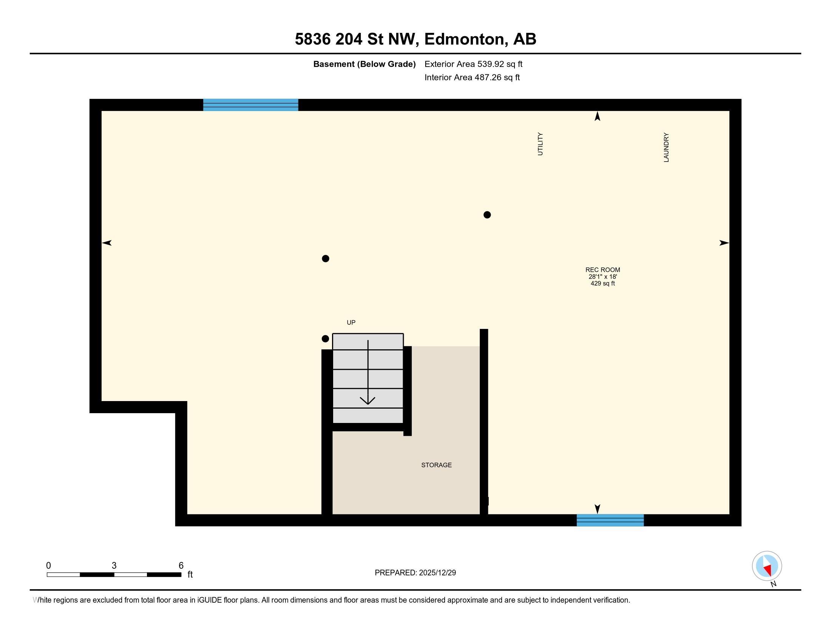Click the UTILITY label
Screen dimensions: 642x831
click(540, 144)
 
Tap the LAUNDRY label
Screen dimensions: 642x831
click(666, 147)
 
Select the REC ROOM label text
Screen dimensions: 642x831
click(602, 270)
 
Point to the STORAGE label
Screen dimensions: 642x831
click(436, 465)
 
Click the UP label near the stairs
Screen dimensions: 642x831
click(351, 323)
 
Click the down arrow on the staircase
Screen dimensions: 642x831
click(368, 399)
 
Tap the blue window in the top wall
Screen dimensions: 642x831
click(250, 105)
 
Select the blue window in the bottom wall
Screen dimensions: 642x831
click(610, 520)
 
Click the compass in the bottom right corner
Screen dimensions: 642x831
click(767, 566)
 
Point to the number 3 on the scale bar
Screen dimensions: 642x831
click(114, 566)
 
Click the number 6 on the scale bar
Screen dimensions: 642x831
click(181, 566)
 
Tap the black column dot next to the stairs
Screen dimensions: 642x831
click(325, 338)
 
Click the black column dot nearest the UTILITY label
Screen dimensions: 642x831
click(487, 215)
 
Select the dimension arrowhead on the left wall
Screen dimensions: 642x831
click(107, 243)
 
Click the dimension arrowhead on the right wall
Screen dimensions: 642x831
click(724, 243)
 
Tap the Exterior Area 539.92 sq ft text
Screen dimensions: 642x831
click(473, 64)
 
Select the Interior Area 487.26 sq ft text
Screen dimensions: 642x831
click(472, 77)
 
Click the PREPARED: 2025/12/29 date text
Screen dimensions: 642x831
click(415, 573)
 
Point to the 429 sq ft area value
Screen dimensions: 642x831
click(602, 283)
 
